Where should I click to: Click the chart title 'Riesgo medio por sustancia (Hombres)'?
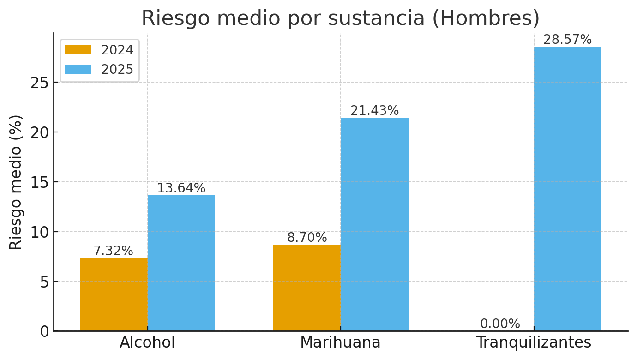340,18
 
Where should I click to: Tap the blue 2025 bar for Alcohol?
181,263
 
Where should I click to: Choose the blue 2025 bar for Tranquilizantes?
568,189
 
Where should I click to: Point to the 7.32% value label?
113,251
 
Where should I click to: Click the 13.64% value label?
181,188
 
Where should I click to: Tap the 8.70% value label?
307,238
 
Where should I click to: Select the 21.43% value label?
374,111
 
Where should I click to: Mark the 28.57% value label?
567,40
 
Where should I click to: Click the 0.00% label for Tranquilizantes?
500,324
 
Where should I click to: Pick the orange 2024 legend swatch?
78,50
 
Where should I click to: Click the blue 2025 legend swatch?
78,69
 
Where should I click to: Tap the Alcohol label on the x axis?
147,342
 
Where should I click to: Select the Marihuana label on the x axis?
340,342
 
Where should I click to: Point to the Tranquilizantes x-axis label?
534,342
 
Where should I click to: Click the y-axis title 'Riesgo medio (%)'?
16,182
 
